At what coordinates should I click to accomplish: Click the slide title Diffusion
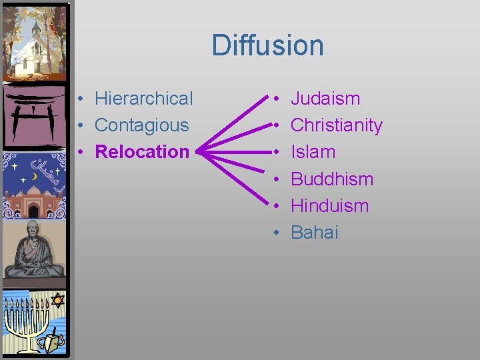pyautogui.click(x=267, y=45)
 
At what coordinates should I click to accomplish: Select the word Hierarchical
pyautogui.click(x=143, y=99)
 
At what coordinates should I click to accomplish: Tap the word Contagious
pyautogui.click(x=141, y=125)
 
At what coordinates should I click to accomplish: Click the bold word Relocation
pyautogui.click(x=142, y=152)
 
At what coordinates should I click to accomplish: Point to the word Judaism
pyautogui.click(x=325, y=99)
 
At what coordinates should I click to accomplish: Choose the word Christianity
pyautogui.click(x=337, y=125)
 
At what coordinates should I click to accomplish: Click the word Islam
pyautogui.click(x=313, y=152)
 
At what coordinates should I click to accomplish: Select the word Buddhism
pyautogui.click(x=332, y=179)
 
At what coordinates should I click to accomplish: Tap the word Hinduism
pyautogui.click(x=329, y=205)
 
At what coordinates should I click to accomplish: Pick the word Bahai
pyautogui.click(x=315, y=232)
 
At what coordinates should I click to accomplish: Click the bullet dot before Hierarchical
pyautogui.click(x=79, y=99)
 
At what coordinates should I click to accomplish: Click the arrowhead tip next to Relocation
pyautogui.click(x=199, y=152)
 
